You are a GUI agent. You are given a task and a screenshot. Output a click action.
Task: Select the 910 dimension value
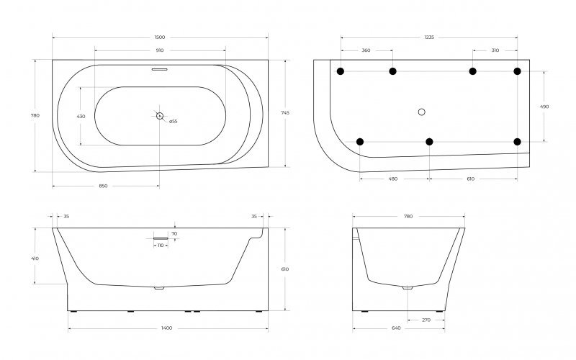160,50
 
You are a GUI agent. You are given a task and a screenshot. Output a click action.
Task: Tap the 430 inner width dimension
81,116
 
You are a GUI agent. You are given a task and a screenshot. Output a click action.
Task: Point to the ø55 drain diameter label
174,122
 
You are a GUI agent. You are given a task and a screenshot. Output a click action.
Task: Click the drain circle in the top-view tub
160,115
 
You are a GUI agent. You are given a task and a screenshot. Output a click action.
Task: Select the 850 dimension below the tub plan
103,186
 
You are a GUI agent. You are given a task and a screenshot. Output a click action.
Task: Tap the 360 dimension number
366,50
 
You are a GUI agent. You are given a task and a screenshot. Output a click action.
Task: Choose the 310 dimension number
495,50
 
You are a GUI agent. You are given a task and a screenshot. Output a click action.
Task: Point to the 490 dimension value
544,107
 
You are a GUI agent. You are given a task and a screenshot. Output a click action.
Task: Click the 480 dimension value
394,179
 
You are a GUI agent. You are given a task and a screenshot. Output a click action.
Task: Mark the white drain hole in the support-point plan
422,112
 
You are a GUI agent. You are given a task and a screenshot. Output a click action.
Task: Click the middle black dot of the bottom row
429,141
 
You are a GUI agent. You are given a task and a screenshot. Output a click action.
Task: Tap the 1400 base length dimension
166,328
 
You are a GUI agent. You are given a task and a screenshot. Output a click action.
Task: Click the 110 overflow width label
160,246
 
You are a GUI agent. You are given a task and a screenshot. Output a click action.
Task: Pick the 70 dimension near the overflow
174,234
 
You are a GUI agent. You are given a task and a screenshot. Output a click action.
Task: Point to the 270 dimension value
426,320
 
